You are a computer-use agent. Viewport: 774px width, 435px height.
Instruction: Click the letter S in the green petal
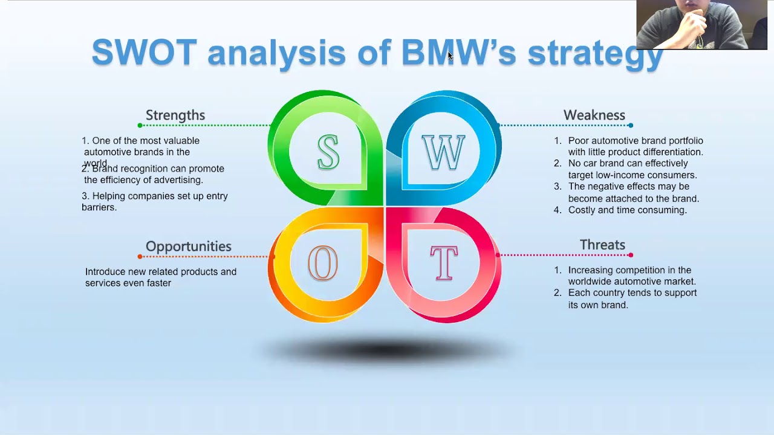click(x=328, y=152)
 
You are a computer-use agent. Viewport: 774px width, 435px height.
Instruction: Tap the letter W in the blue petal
click(x=443, y=153)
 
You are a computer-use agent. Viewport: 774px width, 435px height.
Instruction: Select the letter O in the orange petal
click(x=323, y=264)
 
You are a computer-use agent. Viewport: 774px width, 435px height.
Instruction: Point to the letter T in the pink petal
click(x=444, y=263)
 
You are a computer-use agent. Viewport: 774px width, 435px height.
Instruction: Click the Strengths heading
click(x=175, y=115)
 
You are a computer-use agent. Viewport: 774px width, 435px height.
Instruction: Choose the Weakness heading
click(x=594, y=115)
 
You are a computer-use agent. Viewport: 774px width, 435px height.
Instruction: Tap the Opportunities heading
click(x=188, y=246)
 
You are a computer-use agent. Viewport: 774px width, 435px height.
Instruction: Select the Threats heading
click(x=602, y=245)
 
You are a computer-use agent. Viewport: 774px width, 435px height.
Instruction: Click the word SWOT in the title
click(x=144, y=53)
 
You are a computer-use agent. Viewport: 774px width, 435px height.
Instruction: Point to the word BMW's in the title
click(x=458, y=53)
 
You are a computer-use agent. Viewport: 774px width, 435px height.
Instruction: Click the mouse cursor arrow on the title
click(x=450, y=56)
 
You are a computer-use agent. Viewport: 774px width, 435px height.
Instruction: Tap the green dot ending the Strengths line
click(x=140, y=126)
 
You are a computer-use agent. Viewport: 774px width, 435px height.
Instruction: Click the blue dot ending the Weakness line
click(x=631, y=126)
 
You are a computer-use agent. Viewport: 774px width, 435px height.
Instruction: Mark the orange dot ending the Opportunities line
click(x=140, y=257)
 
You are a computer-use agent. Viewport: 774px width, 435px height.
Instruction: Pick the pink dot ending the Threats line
click(x=631, y=255)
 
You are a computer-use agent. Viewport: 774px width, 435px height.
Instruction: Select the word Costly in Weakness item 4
click(x=582, y=210)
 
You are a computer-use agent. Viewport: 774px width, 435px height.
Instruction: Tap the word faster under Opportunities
click(x=158, y=283)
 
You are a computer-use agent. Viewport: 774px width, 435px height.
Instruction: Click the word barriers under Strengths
click(x=99, y=207)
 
